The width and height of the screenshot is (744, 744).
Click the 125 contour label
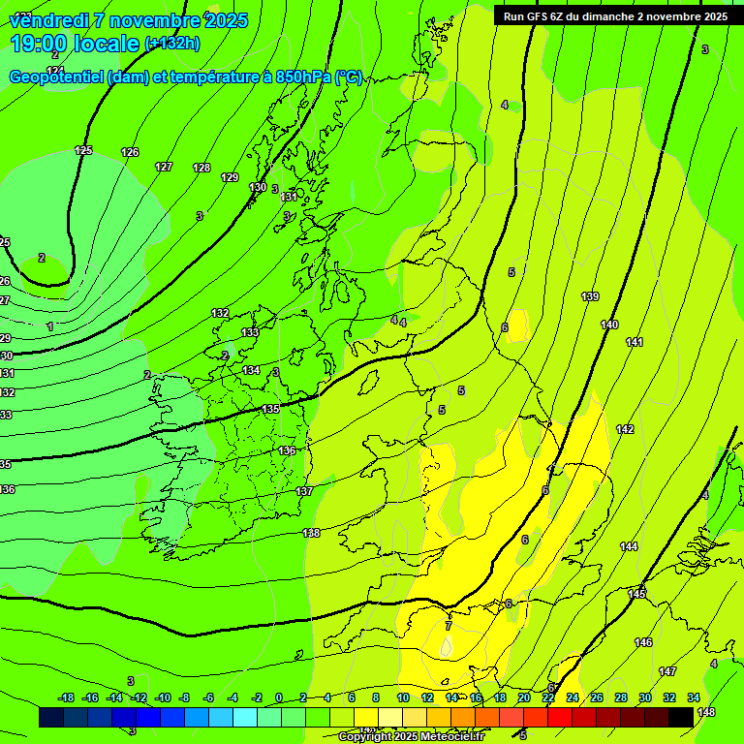point(83,150)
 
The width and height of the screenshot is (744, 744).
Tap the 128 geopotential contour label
point(201,168)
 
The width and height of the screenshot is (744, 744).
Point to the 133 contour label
point(250,332)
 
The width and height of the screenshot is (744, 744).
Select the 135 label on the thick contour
point(271,409)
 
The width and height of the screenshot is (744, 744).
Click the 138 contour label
point(311,533)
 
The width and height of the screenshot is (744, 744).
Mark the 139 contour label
point(590,296)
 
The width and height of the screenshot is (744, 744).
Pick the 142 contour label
point(625,429)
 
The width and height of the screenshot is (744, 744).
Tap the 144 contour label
point(629,547)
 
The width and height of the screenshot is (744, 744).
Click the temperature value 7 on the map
point(448,626)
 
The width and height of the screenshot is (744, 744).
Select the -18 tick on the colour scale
point(66,698)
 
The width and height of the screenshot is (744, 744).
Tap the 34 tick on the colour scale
point(694,698)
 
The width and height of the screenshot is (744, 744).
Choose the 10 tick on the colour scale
point(403,698)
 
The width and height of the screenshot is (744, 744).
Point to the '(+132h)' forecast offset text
point(171,44)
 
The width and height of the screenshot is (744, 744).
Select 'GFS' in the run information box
point(542,16)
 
